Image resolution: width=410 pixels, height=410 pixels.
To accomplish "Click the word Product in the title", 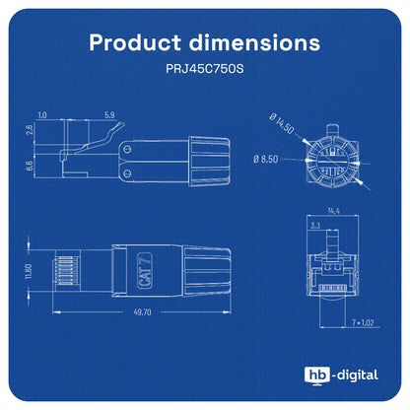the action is pyautogui.click(x=135, y=42).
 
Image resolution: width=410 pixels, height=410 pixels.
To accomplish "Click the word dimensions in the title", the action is pyautogui.click(x=254, y=42).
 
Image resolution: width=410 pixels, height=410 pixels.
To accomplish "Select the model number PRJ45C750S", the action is pyautogui.click(x=205, y=69).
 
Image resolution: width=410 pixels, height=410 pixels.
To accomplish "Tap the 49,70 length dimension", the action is pyautogui.click(x=142, y=311).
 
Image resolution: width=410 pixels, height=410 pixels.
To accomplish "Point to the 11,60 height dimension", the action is pyautogui.click(x=29, y=271).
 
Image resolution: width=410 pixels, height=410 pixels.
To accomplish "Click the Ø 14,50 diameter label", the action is pyautogui.click(x=282, y=123).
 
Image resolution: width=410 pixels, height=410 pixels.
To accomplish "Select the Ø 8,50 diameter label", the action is pyautogui.click(x=265, y=159).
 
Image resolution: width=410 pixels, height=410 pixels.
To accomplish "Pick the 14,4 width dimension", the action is pyautogui.click(x=333, y=211).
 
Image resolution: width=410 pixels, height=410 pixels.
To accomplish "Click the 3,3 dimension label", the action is pyautogui.click(x=315, y=225).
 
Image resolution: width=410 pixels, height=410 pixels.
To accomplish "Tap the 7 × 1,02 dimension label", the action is pyautogui.click(x=363, y=322).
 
